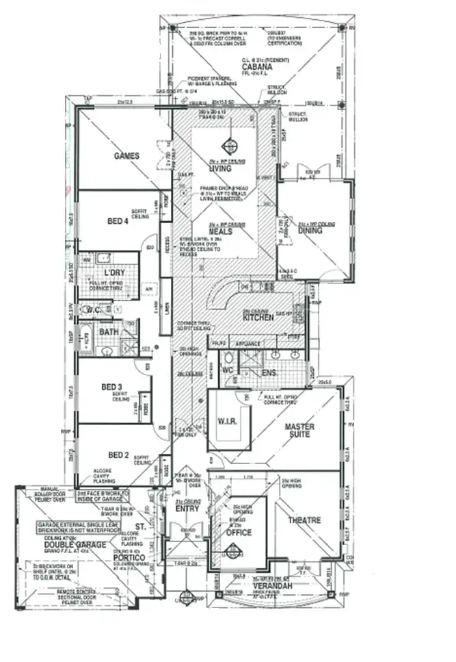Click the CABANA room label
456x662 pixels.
[255, 67]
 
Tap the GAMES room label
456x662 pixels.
[126, 156]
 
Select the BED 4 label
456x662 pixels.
[118, 221]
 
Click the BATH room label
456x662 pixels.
[109, 332]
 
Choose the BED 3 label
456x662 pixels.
[111, 387]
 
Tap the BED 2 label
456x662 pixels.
[118, 455]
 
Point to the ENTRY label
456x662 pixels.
[187, 509]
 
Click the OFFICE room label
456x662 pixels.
[239, 532]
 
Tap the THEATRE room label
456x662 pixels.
[304, 520]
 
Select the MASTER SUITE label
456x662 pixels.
[299, 431]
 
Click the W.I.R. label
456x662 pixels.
[227, 420]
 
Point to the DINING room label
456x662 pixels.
[310, 231]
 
